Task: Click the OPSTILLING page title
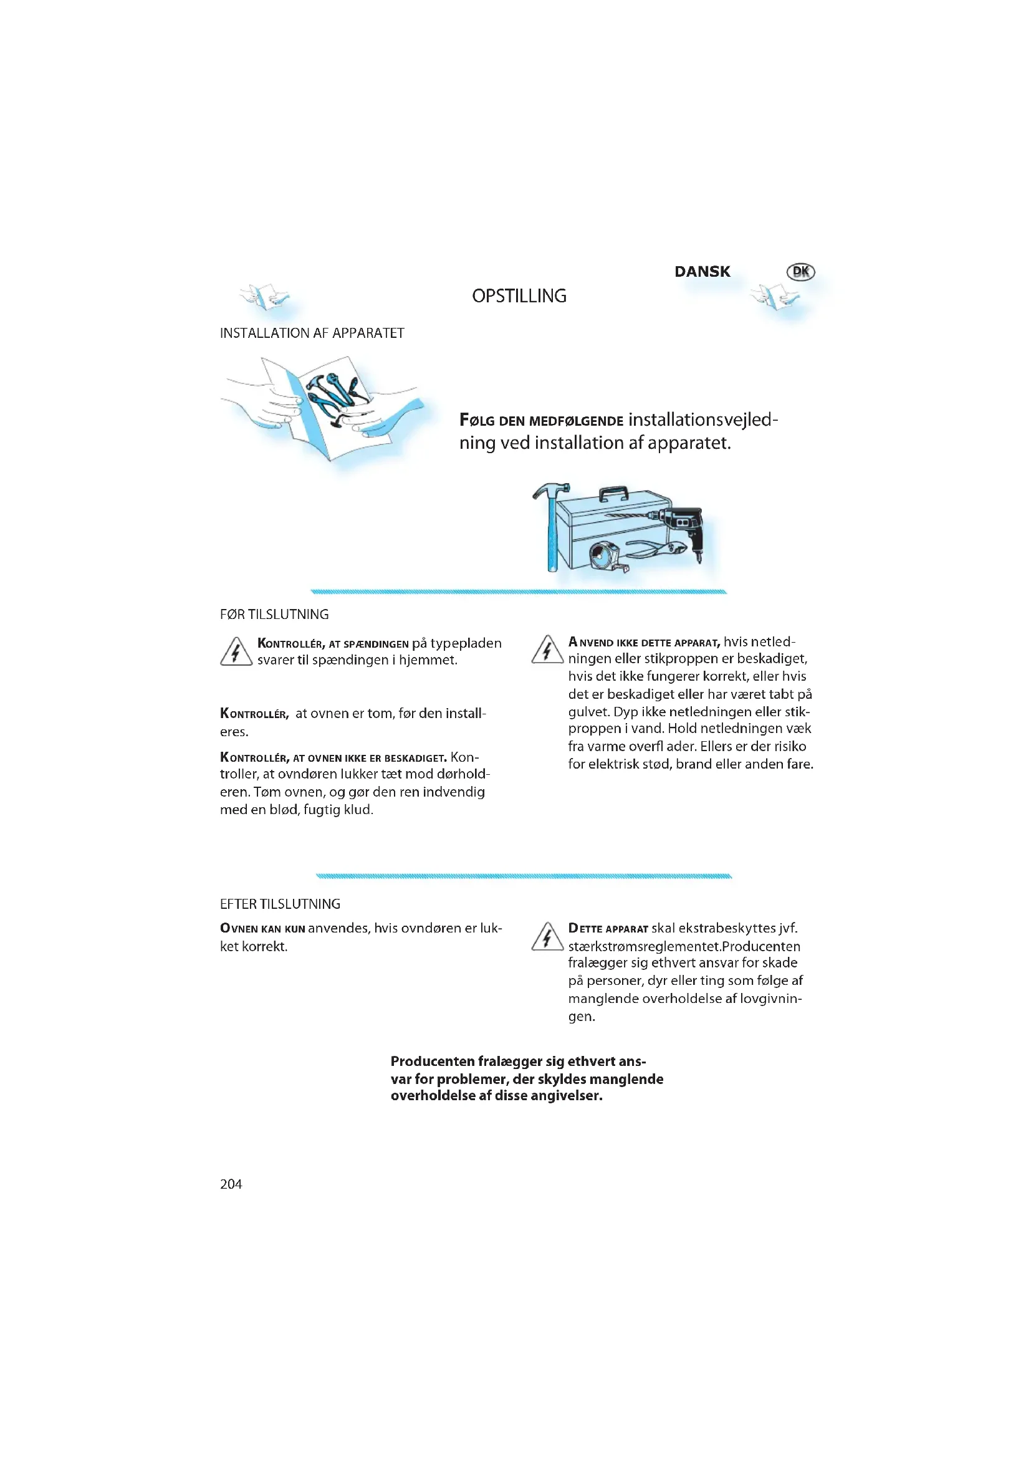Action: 519,296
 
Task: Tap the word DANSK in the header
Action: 701,272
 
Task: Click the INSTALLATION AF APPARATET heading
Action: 312,333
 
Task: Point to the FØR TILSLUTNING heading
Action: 274,614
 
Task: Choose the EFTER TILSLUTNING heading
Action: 280,904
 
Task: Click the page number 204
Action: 231,1184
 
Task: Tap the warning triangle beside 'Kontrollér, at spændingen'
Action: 236,652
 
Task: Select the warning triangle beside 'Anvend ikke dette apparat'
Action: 547,650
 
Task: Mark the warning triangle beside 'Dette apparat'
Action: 547,938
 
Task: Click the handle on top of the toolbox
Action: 614,494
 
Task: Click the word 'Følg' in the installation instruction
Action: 476,420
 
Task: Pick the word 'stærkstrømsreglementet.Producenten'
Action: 684,946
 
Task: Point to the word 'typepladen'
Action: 466,643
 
